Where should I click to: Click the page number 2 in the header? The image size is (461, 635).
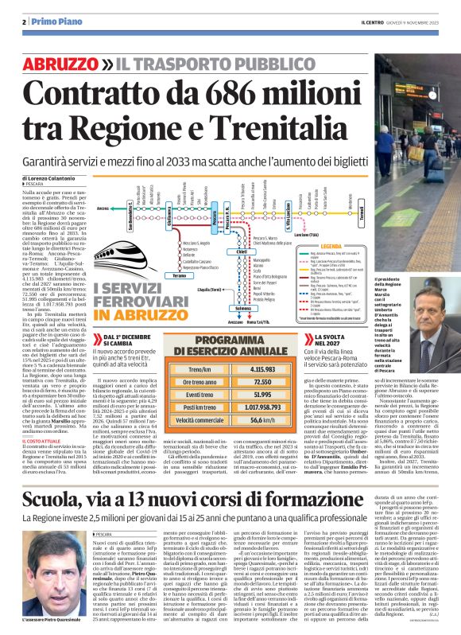pyautogui.click(x=24, y=21)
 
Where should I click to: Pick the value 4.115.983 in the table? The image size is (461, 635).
pyautogui.click(x=262, y=370)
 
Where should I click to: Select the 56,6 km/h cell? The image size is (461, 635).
pyautogui.click(x=262, y=419)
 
